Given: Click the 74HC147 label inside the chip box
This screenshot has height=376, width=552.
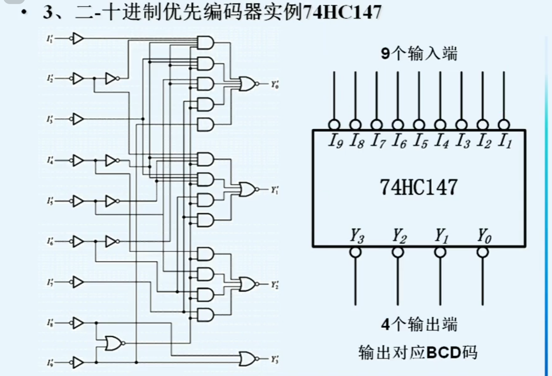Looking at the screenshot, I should point(418,187).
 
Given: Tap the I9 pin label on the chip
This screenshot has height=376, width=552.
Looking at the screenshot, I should point(335,141).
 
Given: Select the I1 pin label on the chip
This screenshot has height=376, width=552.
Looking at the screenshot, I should point(505,141).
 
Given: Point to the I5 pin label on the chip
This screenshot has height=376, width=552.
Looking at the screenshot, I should point(420,141).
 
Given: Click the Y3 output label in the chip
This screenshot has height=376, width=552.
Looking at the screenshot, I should point(357,236).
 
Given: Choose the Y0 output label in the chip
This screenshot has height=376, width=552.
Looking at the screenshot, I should point(484,236).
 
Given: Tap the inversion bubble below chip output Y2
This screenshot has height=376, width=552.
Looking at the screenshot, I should point(398,252).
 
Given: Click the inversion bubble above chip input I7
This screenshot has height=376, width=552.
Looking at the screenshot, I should point(377,125).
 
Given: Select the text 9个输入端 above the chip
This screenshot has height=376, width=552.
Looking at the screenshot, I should point(419,54).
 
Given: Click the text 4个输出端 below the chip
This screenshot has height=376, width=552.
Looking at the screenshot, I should point(419,324).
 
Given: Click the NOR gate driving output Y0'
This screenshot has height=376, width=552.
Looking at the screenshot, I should point(247,84).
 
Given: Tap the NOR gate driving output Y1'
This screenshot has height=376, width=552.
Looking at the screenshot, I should point(247,189).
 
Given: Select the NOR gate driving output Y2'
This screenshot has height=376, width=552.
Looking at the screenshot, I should point(247,284).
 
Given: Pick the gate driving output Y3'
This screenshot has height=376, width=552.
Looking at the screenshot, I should point(247,359).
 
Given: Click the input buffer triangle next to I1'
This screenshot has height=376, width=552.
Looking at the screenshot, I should point(77,38).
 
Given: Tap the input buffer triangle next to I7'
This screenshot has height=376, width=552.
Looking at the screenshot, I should point(77,282).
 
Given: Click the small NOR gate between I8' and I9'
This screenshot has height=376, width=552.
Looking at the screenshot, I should point(114,343).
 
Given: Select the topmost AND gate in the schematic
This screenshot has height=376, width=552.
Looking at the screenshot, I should point(205,43).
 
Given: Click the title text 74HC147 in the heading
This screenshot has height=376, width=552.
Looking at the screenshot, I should point(342,12).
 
